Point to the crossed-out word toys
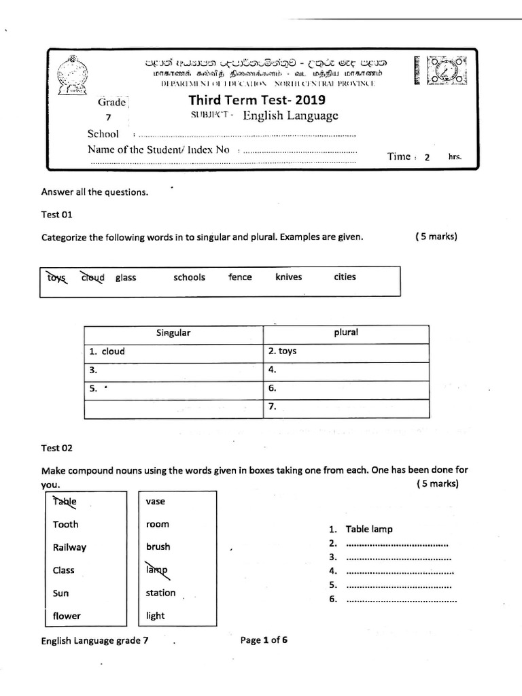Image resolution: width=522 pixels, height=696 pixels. tap(57, 277)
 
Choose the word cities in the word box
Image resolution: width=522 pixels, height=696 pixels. tap(345, 277)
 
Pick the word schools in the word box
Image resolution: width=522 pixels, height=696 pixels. tap(189, 277)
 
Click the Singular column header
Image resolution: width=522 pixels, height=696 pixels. tap(173, 333)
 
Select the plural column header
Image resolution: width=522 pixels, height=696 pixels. tap(345, 332)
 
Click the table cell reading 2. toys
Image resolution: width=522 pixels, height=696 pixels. tap(345, 351)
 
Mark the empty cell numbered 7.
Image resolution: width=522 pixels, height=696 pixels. tap(345, 408)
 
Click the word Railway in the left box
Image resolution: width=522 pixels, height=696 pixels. tap(69, 547)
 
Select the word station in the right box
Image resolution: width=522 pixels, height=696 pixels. tap(160, 593)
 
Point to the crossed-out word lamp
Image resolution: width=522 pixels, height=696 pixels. tap(156, 570)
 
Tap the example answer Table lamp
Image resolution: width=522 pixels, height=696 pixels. tap(368, 529)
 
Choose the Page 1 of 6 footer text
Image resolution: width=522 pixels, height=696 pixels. tap(264, 640)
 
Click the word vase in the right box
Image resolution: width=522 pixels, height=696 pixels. tap(156, 502)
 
